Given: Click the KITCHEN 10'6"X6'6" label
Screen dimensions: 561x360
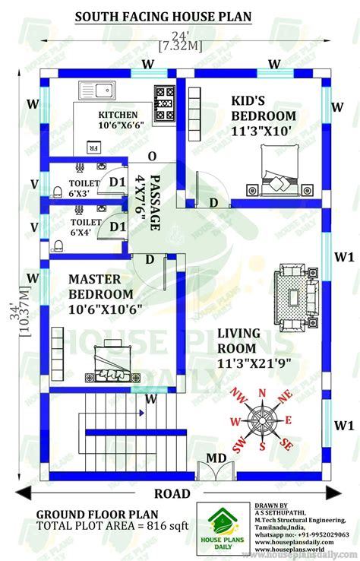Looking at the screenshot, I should tap(118, 120).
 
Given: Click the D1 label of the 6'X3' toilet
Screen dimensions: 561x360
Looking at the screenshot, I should tap(117, 182).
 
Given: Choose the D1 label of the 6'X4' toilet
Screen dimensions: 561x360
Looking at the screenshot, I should tap(117, 227).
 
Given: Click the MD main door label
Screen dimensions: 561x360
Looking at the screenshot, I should tap(216, 458).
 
